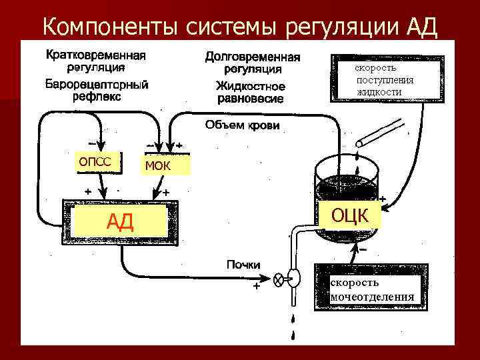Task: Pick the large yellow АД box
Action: (120, 221)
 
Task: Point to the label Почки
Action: (243, 265)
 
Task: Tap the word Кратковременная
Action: (97, 55)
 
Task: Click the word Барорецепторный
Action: (97, 85)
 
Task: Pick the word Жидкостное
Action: (251, 87)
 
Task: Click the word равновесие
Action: (251, 99)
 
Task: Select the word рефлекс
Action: (97, 97)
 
